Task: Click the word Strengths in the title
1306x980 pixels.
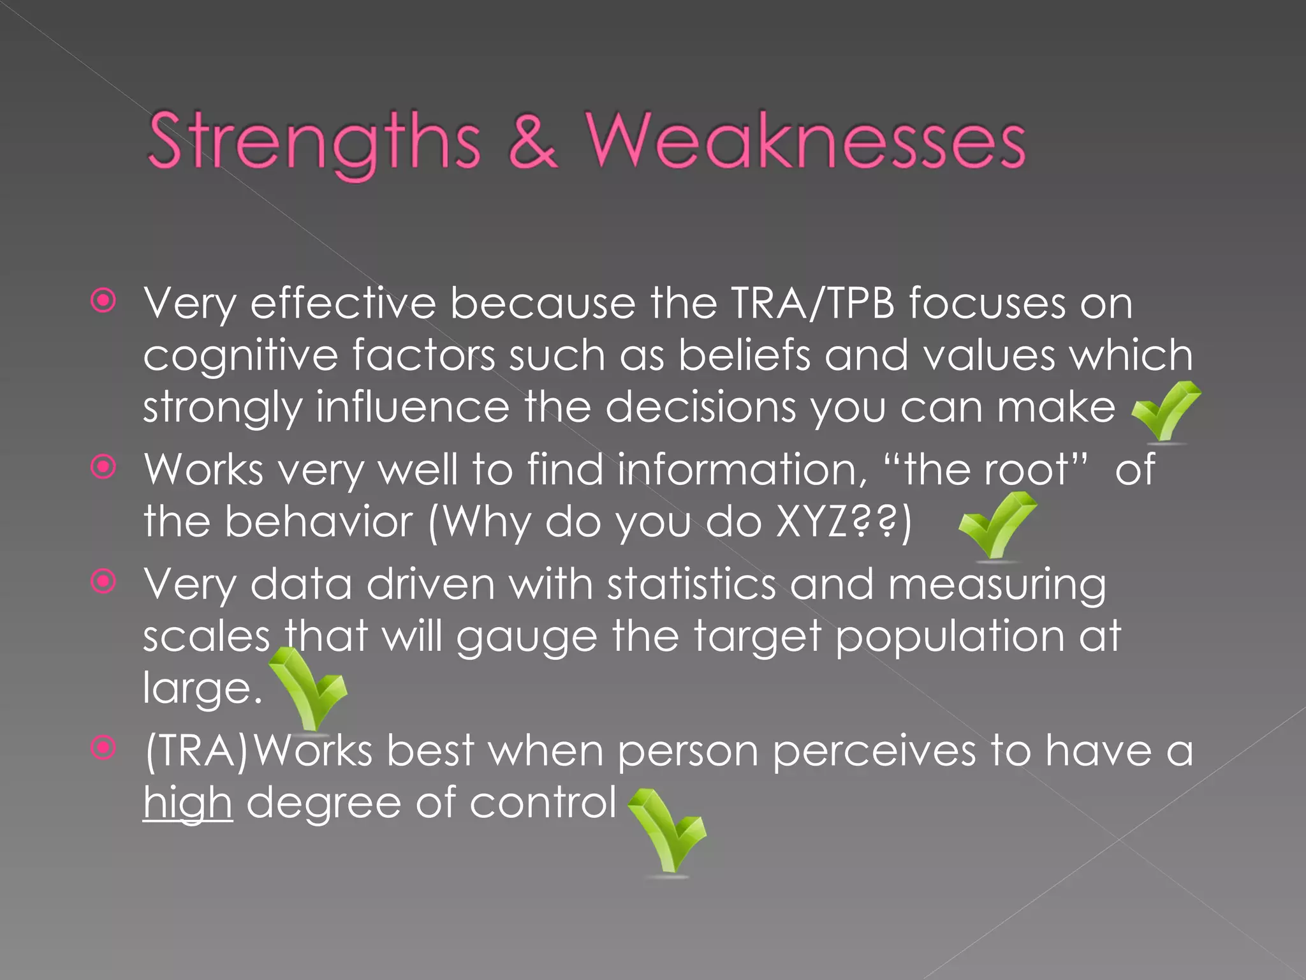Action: (314, 142)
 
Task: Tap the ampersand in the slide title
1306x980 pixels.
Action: (533, 142)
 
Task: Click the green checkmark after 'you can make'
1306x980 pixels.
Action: (1166, 412)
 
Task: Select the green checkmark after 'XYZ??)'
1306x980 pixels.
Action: (997, 524)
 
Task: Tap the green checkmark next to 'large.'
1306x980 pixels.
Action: (309, 689)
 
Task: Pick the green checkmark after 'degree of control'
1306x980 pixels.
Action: (668, 829)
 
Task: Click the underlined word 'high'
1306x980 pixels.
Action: (187, 803)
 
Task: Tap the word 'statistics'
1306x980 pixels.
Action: (691, 584)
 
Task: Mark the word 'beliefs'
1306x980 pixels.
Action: (744, 355)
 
